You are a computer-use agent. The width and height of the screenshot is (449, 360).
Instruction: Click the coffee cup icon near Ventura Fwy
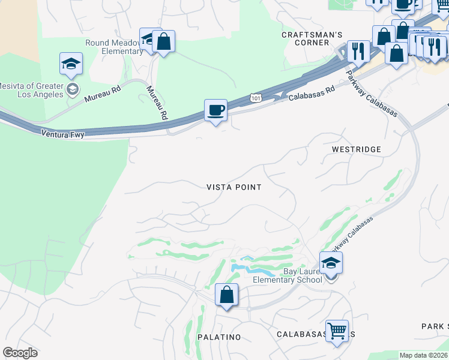[x=216, y=110]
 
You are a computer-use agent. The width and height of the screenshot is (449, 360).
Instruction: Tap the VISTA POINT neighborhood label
[x=234, y=187]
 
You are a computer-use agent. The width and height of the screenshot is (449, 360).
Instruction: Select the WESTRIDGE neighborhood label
[x=356, y=149]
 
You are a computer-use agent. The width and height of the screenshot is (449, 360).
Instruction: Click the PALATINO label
[x=217, y=337]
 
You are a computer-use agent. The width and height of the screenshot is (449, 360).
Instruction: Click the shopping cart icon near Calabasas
[x=337, y=330]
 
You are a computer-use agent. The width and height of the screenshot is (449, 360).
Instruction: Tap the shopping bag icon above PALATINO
[x=226, y=295]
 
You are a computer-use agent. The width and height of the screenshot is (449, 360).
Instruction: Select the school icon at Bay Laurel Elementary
[x=331, y=263]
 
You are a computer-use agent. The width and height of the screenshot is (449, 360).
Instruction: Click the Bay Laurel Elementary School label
[x=287, y=275]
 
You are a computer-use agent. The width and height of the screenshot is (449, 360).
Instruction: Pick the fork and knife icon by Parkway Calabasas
[x=358, y=51]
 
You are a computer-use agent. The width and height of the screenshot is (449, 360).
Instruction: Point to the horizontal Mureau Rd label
[x=103, y=94]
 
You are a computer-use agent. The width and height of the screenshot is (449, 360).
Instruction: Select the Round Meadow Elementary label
[x=114, y=47]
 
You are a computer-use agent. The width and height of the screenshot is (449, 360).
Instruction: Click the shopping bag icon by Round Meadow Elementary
[x=163, y=41]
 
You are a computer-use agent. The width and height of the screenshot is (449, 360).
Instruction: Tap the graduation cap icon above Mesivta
[x=71, y=64]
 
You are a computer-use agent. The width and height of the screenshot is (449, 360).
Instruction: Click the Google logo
[x=20, y=352]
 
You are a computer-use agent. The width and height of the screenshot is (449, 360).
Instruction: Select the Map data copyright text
[x=423, y=355]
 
